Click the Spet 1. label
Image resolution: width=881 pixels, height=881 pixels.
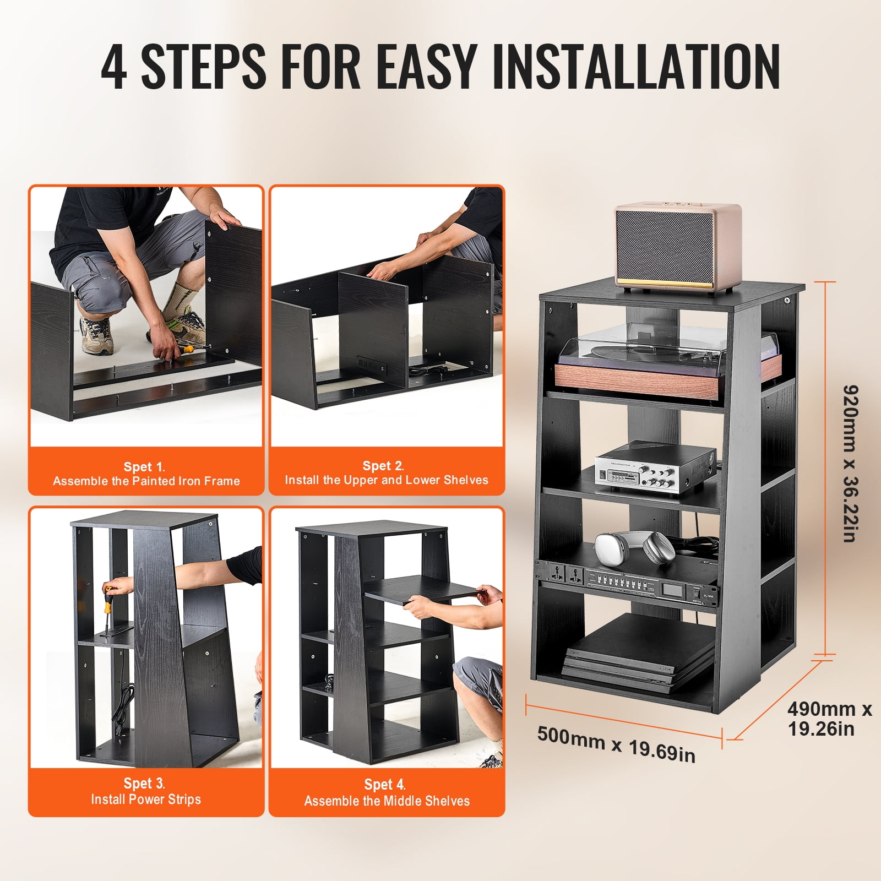coord(144,466)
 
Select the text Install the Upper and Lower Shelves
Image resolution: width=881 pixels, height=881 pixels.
coord(386,480)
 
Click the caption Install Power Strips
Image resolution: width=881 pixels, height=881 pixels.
coord(146,799)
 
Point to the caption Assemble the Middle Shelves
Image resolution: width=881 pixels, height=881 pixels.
coord(387,801)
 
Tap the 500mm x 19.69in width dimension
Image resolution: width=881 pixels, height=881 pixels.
coord(616,744)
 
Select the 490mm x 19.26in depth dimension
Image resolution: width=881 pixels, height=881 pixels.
coord(829,719)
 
